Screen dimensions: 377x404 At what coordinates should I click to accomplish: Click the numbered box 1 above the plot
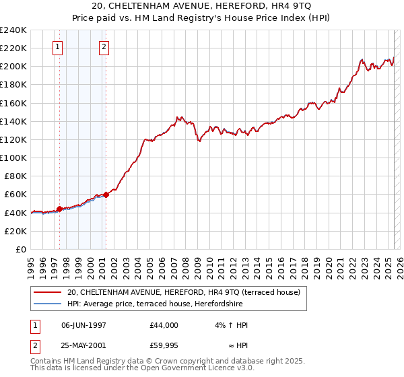[x=57, y=47]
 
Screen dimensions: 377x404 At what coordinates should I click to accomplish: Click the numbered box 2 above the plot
[x=104, y=47]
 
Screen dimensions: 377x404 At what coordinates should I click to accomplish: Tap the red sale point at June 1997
[x=59, y=209]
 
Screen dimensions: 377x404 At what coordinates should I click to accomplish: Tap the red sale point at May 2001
[x=106, y=195]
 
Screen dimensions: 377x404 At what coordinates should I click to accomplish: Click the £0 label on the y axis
[x=22, y=249]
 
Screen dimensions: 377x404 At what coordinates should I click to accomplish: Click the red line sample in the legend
[x=48, y=292]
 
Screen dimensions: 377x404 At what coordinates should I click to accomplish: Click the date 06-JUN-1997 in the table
[x=84, y=325]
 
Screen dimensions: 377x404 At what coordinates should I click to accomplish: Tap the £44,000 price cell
[x=164, y=325]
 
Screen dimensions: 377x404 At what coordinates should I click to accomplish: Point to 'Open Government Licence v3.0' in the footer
[x=201, y=369]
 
